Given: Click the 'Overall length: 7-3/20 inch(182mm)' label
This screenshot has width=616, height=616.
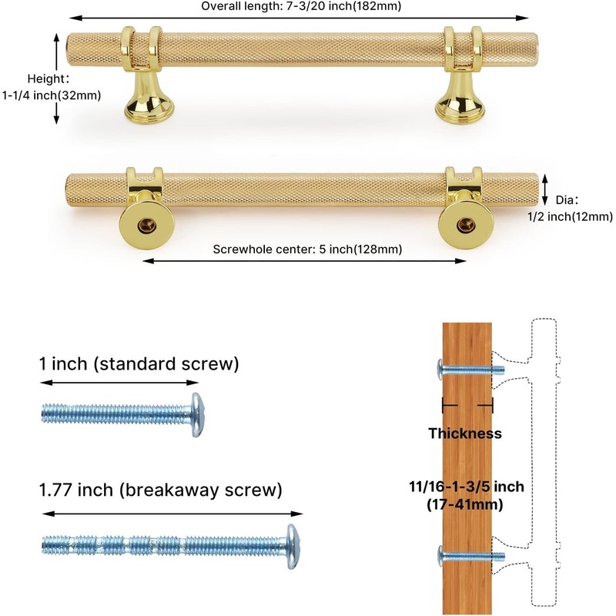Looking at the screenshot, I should tap(300, 7).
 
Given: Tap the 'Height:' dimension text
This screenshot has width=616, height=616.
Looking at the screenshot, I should tap(49, 79).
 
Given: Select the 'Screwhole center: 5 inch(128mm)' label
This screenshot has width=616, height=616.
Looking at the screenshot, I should tap(306, 249).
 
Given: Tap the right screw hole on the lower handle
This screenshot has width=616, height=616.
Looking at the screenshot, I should tap(463, 224).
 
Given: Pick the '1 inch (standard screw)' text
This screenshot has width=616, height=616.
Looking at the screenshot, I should tap(139, 363).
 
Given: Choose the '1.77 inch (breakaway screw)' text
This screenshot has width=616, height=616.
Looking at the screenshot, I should tap(160, 490).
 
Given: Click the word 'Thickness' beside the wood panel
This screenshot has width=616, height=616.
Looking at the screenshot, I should tap(465, 434).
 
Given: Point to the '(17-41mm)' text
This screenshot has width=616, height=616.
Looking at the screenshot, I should tap(466, 505).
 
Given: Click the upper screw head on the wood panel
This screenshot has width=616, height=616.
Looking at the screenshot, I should tap(440, 369).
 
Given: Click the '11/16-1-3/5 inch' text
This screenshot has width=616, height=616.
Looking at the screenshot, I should tap(466, 487).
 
